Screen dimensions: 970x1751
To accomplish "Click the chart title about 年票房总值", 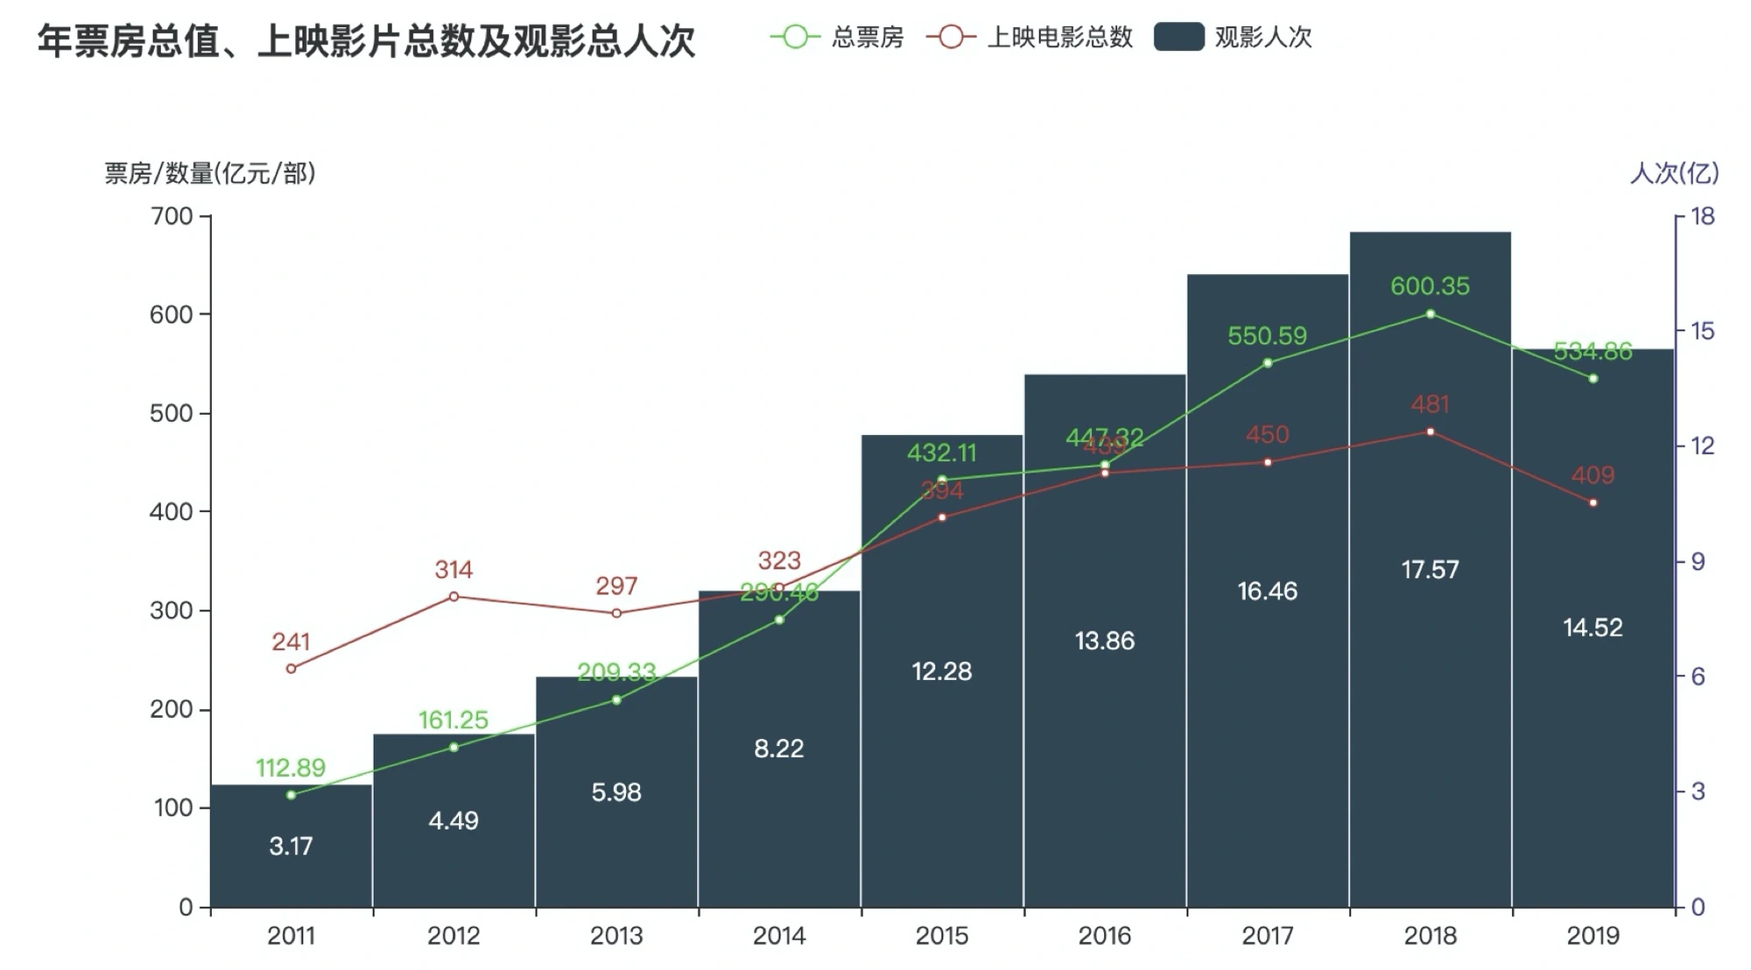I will pyautogui.click(x=366, y=41).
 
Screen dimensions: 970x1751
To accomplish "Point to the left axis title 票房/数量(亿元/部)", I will pyautogui.click(x=210, y=173).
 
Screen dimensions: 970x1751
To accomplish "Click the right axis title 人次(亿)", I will pyautogui.click(x=1674, y=173).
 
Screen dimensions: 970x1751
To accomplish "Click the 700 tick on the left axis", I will pyautogui.click(x=172, y=216).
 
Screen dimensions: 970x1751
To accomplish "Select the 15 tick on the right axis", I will pyautogui.click(x=1702, y=331).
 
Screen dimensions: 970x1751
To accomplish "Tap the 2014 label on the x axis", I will pyautogui.click(x=778, y=936).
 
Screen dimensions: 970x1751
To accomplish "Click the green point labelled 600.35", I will pyautogui.click(x=1431, y=313).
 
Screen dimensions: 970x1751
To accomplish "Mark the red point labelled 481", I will pyautogui.click(x=1431, y=432).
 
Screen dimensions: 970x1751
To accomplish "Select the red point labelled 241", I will pyautogui.click(x=291, y=669).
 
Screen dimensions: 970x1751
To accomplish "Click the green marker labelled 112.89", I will pyautogui.click(x=291, y=795).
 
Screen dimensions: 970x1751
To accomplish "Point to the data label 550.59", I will pyautogui.click(x=1267, y=335).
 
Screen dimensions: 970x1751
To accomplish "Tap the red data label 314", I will pyautogui.click(x=454, y=570).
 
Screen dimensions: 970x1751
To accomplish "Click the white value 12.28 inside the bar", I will pyautogui.click(x=941, y=671).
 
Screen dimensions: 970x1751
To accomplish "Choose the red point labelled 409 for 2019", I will pyautogui.click(x=1593, y=503).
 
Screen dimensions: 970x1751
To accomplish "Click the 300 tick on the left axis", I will pyautogui.click(x=172, y=610).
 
